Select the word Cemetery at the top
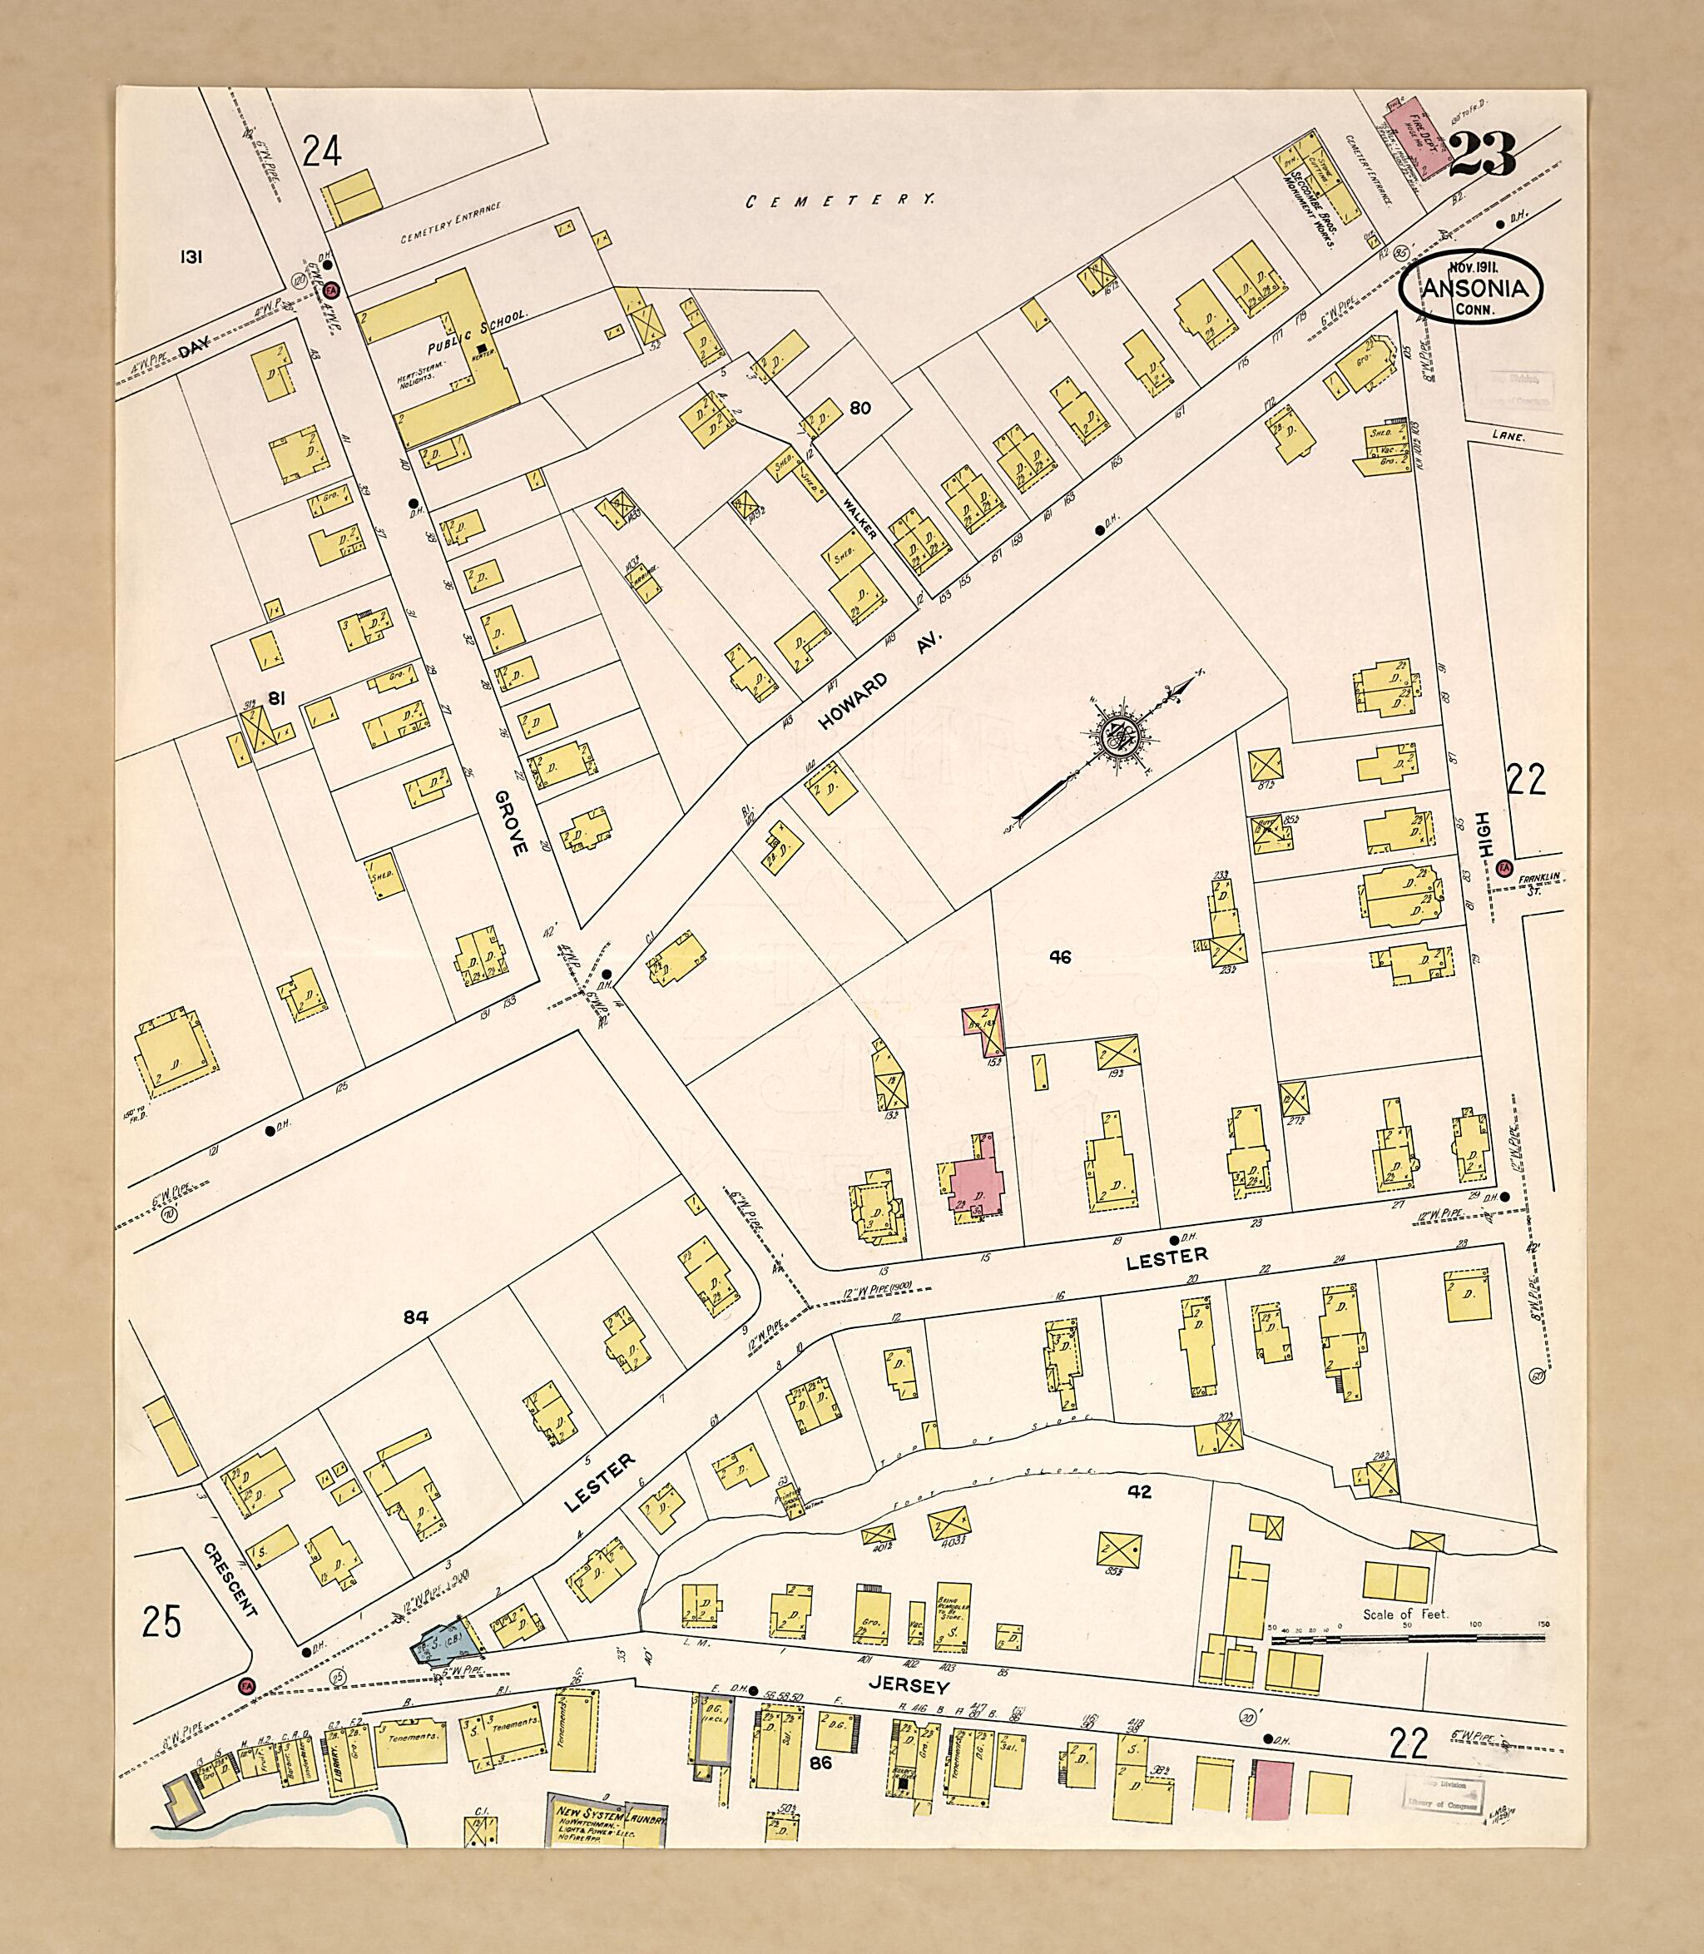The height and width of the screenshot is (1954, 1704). [x=840, y=201]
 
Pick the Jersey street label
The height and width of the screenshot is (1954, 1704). [x=912, y=1686]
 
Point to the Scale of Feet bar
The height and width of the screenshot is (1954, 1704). [x=1407, y=1638]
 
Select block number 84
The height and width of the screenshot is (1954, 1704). [x=415, y=1317]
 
